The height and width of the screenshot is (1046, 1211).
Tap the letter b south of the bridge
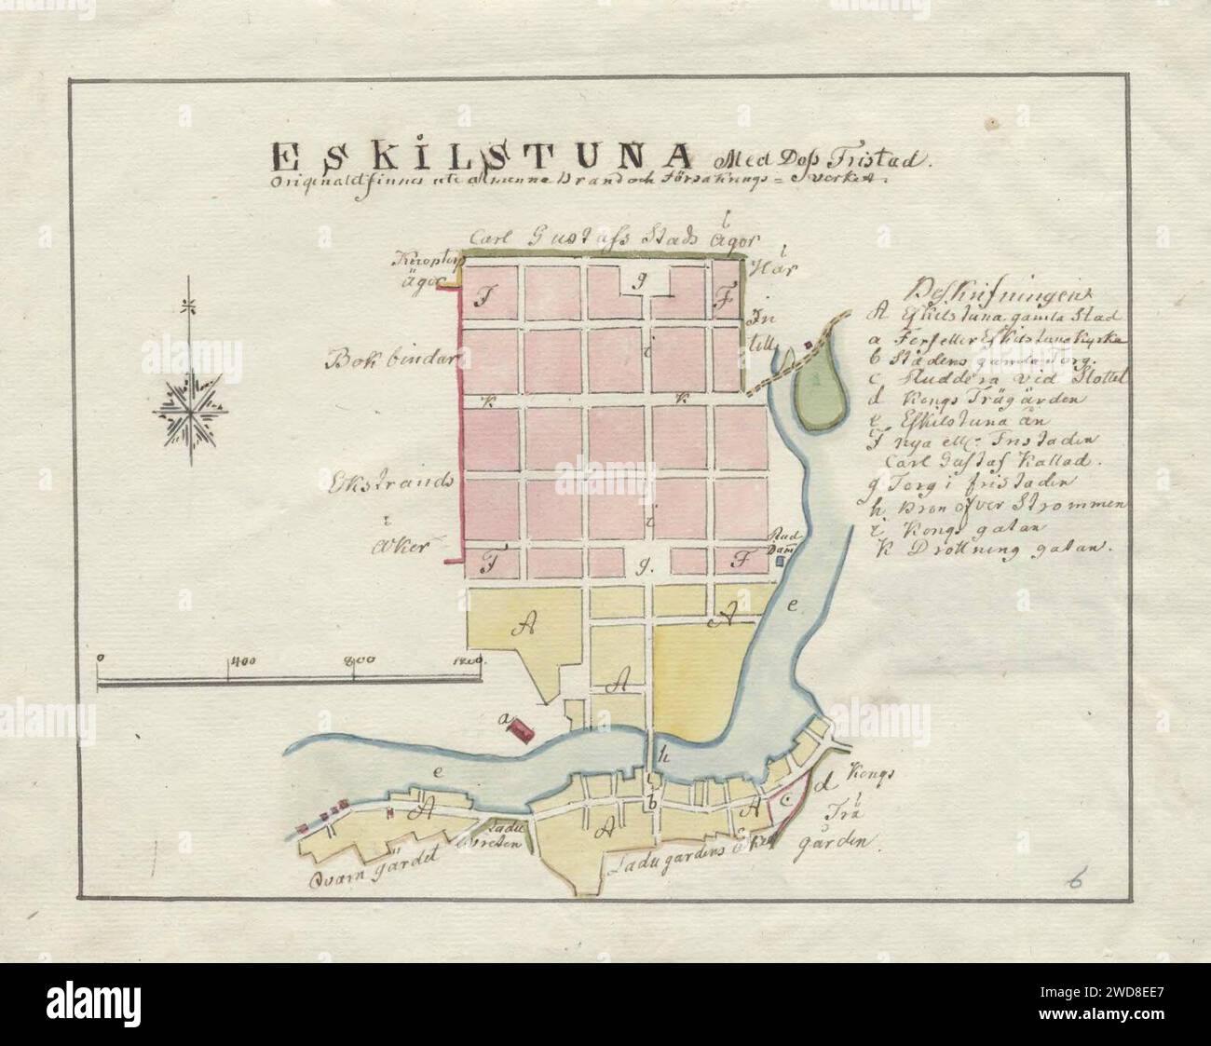click(x=652, y=802)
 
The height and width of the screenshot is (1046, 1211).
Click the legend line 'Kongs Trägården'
click(x=969, y=399)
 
